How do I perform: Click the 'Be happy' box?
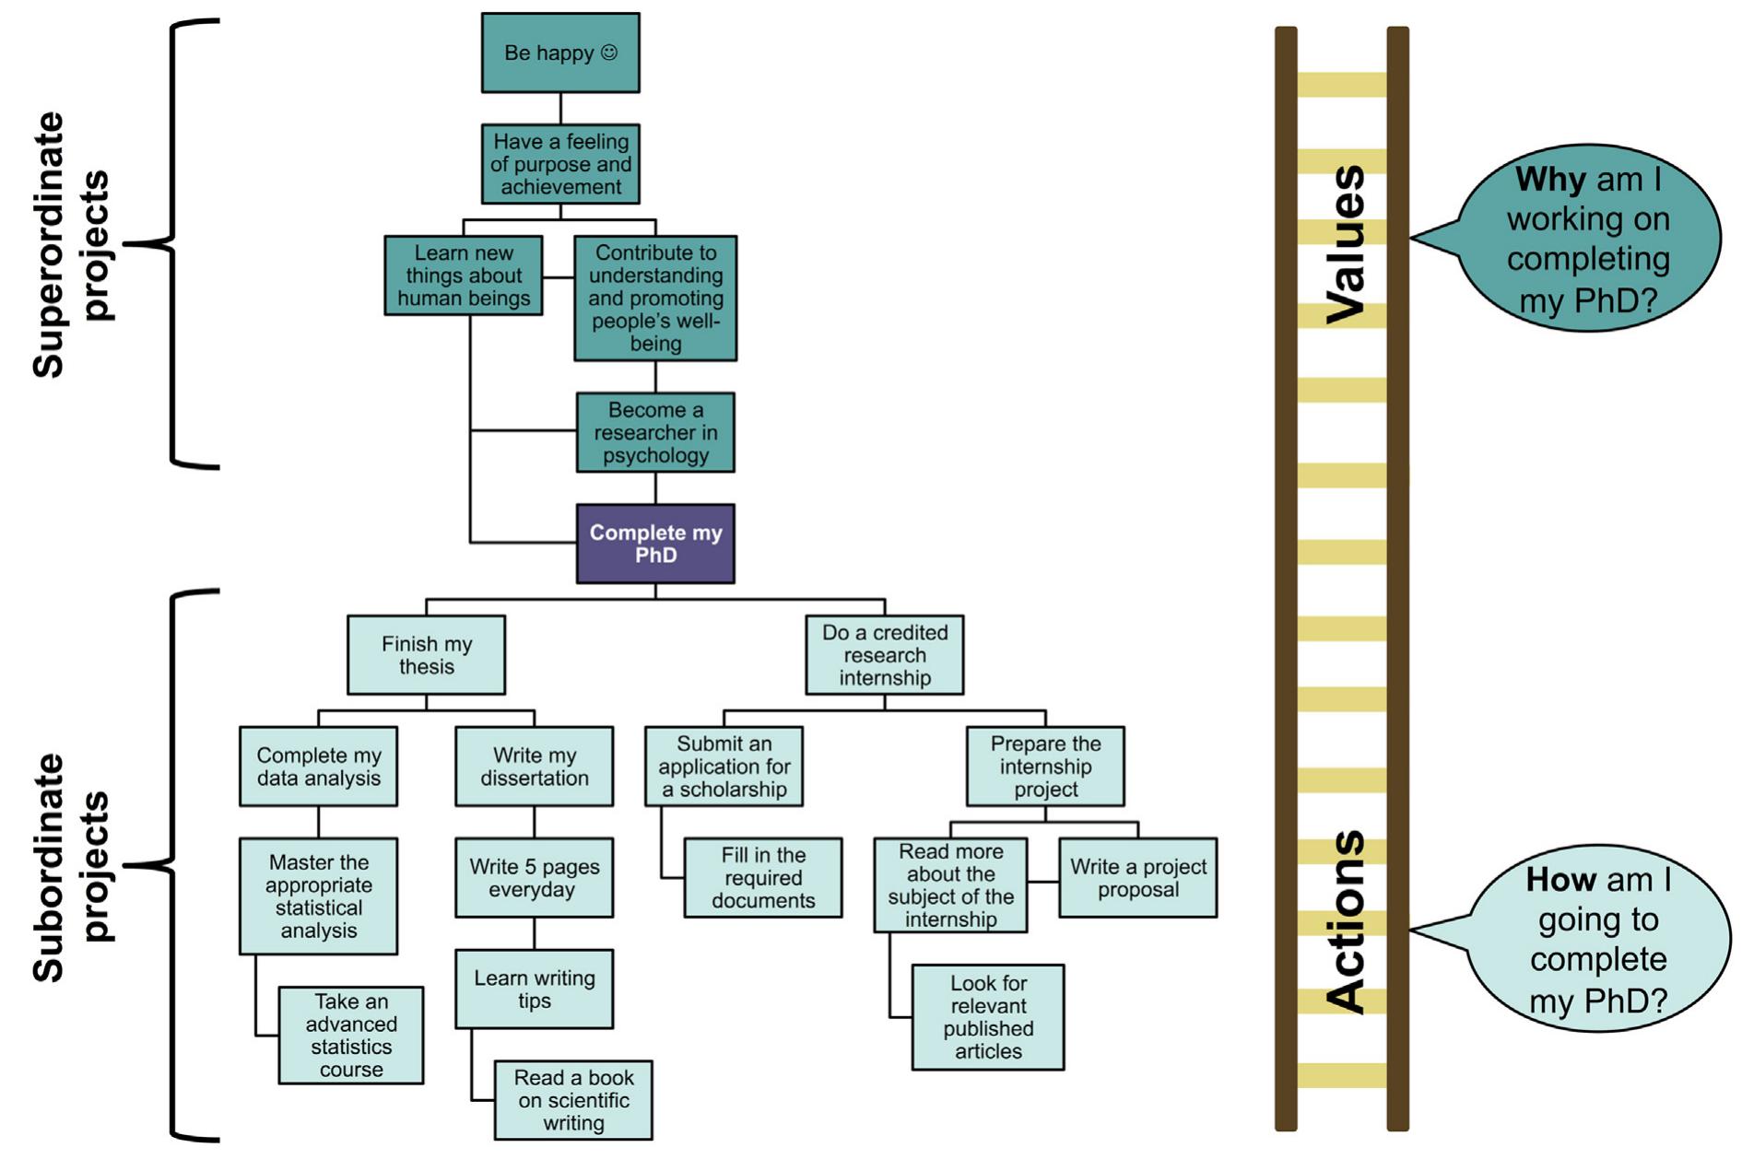click(x=560, y=53)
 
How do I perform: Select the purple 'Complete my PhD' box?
click(x=655, y=544)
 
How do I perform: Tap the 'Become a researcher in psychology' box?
click(x=655, y=432)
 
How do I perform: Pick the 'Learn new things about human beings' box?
click(x=464, y=275)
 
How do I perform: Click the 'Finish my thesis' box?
click(x=426, y=655)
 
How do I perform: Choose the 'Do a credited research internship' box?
click(x=884, y=655)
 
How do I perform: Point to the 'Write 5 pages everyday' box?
click(x=534, y=877)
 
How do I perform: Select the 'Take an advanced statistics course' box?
click(x=351, y=1035)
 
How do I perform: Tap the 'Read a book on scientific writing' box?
click(x=573, y=1100)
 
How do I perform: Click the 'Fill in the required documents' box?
click(x=763, y=877)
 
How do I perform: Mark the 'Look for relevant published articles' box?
click(x=988, y=1017)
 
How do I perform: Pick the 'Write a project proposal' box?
click(x=1137, y=877)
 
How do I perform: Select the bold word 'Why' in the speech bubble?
click(x=1550, y=179)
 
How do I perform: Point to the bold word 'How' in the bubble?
click(x=1560, y=879)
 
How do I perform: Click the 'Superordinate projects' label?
click(x=71, y=244)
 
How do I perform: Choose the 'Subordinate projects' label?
click(x=71, y=866)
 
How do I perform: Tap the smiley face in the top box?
click(x=609, y=53)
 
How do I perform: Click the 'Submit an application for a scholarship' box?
click(x=724, y=767)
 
